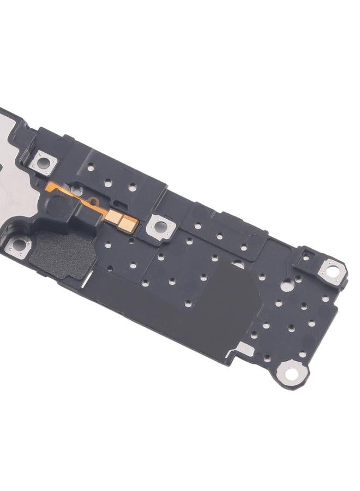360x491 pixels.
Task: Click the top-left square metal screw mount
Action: [x=43, y=162]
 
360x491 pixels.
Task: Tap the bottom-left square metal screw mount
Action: [x=19, y=246]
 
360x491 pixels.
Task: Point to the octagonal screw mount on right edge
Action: [x=331, y=271]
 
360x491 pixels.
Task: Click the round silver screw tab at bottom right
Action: [x=291, y=373]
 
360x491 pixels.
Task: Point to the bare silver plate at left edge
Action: [x=11, y=191]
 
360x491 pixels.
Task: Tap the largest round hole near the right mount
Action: [x=286, y=285]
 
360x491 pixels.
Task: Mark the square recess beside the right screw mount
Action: [x=305, y=258]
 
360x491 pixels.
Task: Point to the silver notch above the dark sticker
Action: [x=238, y=265]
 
